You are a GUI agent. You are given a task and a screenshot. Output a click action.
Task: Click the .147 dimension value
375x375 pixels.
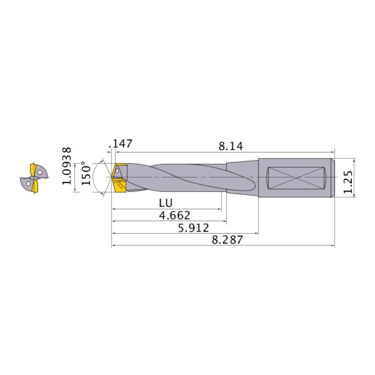click(x=122, y=144)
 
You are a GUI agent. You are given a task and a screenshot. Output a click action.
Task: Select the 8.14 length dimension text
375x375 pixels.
click(x=231, y=146)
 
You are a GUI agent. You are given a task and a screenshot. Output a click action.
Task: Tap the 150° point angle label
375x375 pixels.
click(x=86, y=174)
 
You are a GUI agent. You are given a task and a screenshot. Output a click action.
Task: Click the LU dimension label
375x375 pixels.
click(x=166, y=203)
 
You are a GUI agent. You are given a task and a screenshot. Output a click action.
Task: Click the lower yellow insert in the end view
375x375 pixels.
click(x=35, y=186)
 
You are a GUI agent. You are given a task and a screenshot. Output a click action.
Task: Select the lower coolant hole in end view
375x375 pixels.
click(x=29, y=184)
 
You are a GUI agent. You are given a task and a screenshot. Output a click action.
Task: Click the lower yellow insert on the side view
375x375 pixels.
click(x=119, y=186)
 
